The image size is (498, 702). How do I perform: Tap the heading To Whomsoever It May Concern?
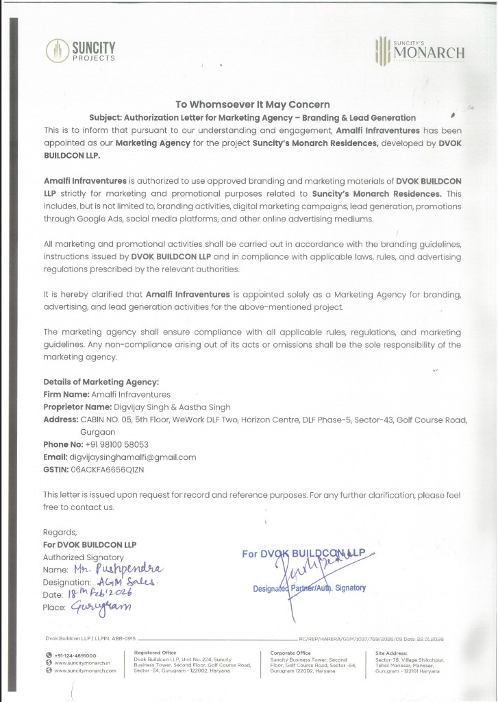click(x=252, y=105)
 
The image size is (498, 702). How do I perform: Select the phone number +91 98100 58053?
click(x=117, y=444)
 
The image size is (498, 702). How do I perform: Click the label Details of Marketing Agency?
click(x=101, y=382)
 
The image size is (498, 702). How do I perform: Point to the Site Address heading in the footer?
click(x=392, y=653)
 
